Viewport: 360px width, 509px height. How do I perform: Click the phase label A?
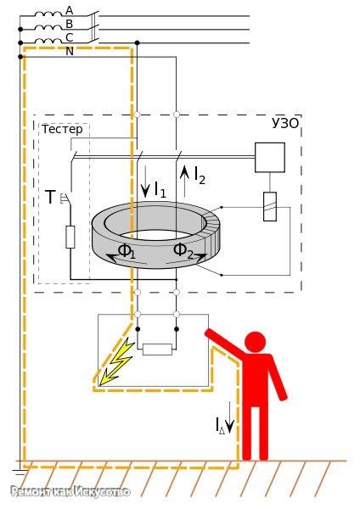[70, 10]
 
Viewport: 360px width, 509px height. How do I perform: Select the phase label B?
[70, 24]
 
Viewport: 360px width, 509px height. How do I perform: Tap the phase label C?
[70, 37]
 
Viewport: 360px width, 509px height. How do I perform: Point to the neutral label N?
[70, 51]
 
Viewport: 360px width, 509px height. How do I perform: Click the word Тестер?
[62, 129]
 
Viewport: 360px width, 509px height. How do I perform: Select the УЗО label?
[285, 123]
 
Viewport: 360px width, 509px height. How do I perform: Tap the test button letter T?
[50, 197]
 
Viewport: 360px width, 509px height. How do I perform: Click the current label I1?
[160, 189]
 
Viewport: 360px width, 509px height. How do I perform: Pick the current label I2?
[200, 176]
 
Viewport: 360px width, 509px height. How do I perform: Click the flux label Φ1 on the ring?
[127, 251]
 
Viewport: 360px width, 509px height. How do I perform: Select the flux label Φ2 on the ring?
[183, 251]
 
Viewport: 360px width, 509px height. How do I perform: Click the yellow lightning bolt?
[116, 360]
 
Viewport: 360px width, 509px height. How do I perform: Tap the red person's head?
[255, 342]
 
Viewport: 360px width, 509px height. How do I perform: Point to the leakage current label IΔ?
[220, 425]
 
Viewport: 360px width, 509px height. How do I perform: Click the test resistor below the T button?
[70, 238]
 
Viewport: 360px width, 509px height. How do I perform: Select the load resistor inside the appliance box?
[158, 350]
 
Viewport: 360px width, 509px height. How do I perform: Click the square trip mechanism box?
[270, 158]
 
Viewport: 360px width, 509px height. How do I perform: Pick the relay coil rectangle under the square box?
[270, 207]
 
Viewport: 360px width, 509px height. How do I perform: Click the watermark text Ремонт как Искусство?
[70, 491]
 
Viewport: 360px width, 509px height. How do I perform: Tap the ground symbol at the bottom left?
[20, 473]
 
